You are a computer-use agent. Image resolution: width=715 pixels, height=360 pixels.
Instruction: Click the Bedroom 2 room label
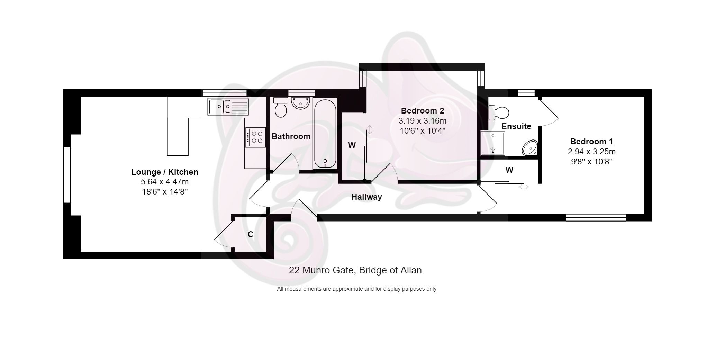pyautogui.click(x=422, y=111)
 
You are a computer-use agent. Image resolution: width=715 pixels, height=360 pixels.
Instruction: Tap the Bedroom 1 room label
pyautogui.click(x=591, y=142)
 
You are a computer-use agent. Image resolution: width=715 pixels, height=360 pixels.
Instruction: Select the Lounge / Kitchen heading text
pyautogui.click(x=165, y=172)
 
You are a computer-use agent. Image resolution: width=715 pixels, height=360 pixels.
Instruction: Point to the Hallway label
pyautogui.click(x=366, y=197)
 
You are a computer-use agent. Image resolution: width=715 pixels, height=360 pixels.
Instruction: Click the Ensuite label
pyautogui.click(x=516, y=126)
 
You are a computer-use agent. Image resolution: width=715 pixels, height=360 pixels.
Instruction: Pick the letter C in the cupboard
pyautogui.click(x=250, y=234)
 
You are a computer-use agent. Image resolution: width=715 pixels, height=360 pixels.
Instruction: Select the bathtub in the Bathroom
pyautogui.click(x=325, y=133)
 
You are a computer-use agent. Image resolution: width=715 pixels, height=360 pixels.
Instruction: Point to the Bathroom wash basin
pyautogui.click(x=300, y=103)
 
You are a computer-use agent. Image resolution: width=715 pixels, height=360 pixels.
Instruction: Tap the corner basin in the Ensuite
pyautogui.click(x=530, y=148)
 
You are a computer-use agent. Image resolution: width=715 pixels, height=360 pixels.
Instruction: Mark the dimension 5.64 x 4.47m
pyautogui.click(x=165, y=182)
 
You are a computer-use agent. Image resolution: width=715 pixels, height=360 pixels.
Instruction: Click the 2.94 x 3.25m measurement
pyautogui.click(x=591, y=152)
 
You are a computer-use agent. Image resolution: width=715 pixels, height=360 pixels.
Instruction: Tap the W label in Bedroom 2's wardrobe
pyautogui.click(x=352, y=145)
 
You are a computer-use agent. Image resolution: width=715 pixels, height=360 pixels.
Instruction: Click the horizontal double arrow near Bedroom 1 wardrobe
pyautogui.click(x=523, y=187)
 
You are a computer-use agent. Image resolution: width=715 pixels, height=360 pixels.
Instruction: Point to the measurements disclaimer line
pyautogui.click(x=356, y=289)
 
